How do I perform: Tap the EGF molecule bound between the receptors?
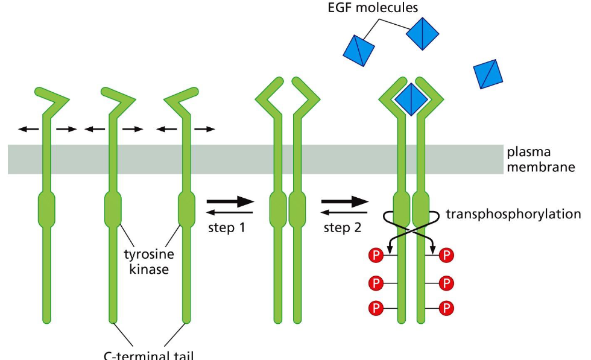[411, 99]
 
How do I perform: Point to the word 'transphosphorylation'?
[513, 214]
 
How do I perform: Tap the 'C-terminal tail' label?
[149, 355]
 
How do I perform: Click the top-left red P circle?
[376, 256]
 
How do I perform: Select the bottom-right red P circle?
[446, 308]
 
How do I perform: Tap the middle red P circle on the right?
[446, 282]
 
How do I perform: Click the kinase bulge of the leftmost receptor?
[46, 207]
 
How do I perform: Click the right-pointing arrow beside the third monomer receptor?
[204, 128]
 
